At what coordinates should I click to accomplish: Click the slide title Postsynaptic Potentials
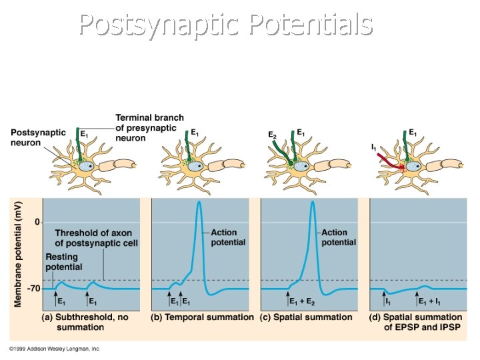[x=225, y=25]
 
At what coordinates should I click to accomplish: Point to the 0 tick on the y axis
[x=38, y=221]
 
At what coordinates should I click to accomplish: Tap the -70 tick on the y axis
[x=33, y=289]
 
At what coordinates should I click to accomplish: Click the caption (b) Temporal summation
[x=203, y=317]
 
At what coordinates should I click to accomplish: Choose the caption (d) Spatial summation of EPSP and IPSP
[x=415, y=322]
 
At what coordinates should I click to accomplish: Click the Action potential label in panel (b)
[x=228, y=237]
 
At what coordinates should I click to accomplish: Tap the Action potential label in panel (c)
[x=339, y=237]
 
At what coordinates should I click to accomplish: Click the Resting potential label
[x=63, y=262]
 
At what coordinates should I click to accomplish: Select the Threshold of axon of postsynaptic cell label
[x=96, y=237]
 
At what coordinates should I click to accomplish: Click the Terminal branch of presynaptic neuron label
[x=149, y=127]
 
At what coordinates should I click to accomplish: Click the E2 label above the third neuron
[x=272, y=135]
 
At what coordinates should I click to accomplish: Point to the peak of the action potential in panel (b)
[x=199, y=202]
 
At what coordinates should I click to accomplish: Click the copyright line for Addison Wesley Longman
[x=55, y=349]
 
